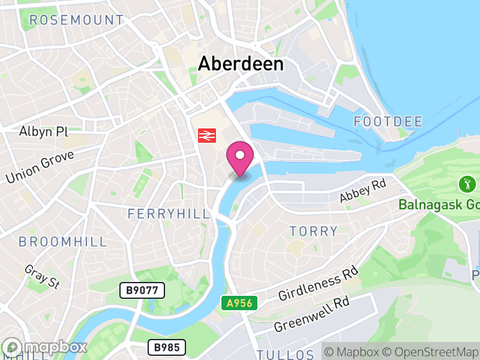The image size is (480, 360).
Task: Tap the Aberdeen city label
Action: point(241,64)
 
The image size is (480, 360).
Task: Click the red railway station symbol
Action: point(206,136)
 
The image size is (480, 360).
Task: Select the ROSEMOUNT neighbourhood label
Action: point(76,20)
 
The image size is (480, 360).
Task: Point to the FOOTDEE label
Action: point(388,122)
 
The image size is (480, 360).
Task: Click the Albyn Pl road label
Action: point(44,131)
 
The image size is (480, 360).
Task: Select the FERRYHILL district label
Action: point(169,214)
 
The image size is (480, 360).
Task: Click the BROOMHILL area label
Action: point(62,242)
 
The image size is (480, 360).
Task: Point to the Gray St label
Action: point(42,277)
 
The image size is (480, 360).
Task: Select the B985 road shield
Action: point(167,347)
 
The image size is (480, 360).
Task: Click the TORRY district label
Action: point(314,231)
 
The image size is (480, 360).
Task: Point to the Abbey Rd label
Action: point(362,191)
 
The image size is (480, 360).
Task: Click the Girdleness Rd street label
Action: point(317,284)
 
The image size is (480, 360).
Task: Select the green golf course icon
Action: point(466,182)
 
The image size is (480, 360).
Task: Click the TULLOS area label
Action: point(285,354)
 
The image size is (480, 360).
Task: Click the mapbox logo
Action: point(45,347)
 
